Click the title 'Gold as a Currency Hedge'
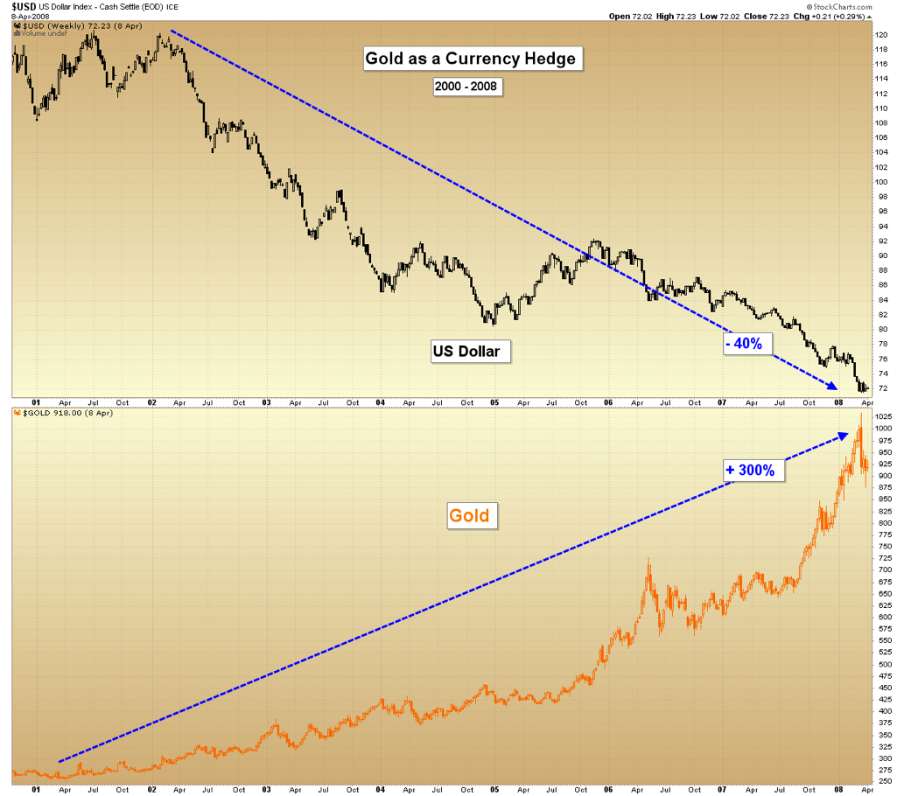pos(471,59)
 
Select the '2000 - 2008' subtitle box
pos(467,87)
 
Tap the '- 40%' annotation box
pos(744,344)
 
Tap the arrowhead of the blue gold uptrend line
pos(844,433)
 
